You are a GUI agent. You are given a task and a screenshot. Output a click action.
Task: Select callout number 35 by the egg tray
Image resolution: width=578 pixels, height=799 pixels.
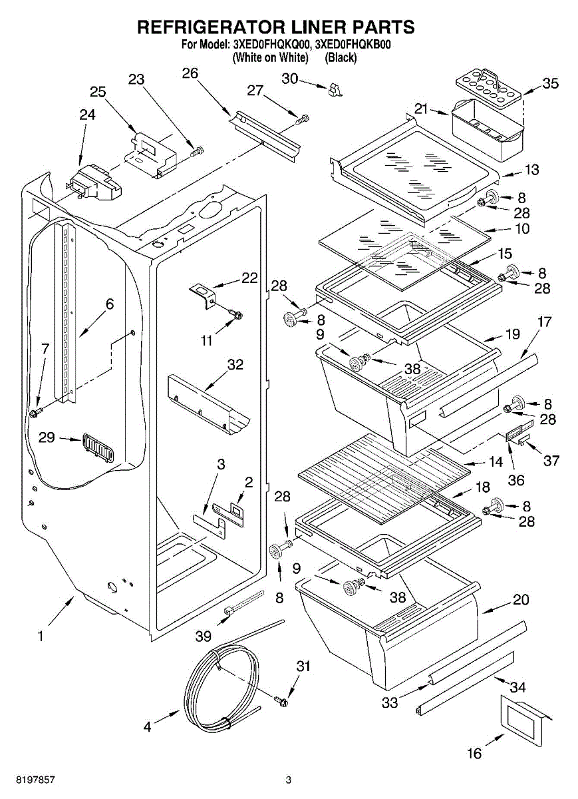550,84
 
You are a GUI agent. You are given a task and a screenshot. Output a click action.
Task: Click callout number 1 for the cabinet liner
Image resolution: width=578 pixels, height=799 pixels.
41,637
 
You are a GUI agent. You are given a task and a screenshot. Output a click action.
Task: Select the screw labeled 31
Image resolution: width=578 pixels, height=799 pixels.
282,700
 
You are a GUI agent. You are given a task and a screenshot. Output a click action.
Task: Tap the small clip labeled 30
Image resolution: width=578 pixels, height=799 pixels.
335,90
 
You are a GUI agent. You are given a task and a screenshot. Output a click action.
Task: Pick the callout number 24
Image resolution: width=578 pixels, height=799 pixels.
87,115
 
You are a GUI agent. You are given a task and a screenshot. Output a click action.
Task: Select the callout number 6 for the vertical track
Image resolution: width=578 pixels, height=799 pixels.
109,304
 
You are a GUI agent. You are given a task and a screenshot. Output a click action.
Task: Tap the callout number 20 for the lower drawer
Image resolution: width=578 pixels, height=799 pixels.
521,600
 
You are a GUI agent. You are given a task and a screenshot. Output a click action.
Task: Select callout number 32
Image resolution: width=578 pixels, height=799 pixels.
235,365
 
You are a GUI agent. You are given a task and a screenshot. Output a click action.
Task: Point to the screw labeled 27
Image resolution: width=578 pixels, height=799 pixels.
303,120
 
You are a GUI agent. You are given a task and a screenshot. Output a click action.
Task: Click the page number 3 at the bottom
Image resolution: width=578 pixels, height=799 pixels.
289,780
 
